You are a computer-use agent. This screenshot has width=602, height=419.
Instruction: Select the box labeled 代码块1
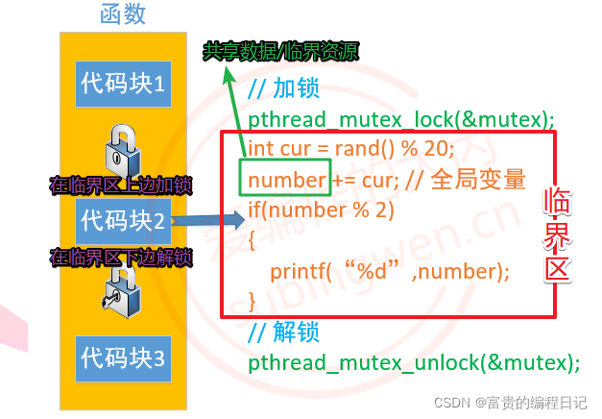123,85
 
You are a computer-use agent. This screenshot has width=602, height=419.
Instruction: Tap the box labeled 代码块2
123,220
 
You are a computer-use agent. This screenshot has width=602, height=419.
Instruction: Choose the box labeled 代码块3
123,357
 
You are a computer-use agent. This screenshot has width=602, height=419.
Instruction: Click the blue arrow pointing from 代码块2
207,221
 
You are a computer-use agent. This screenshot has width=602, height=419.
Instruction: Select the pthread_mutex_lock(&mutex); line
401,119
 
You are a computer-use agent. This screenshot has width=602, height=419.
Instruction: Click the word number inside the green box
287,180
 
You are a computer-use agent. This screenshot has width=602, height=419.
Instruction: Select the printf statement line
389,271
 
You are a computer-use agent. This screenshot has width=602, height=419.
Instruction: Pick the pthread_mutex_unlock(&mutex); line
414,363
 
